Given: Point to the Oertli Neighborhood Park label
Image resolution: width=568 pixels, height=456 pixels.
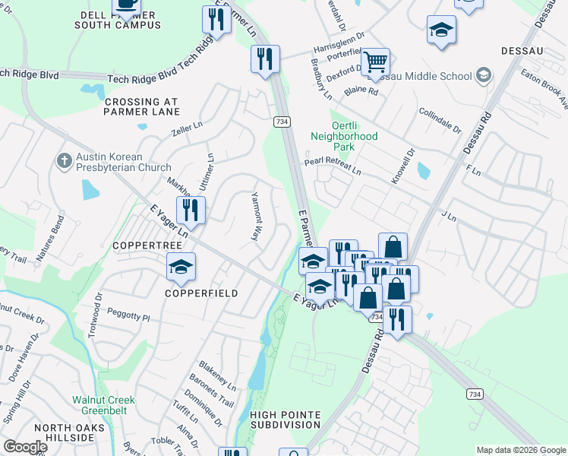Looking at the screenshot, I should [344, 136].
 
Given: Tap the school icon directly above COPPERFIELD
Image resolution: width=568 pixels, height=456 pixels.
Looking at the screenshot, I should [181, 266].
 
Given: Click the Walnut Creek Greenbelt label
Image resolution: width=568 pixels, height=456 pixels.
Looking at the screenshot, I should [103, 405].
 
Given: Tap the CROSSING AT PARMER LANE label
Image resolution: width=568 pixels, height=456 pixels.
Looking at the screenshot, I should [142, 108].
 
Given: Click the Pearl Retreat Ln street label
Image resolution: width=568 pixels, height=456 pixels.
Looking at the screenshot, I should [333, 166].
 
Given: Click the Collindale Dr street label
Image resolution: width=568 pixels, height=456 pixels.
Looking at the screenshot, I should [440, 120].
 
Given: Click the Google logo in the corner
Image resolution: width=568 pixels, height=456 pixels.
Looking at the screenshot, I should [25, 447].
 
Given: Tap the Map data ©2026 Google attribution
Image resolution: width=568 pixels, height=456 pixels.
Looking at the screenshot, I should [520, 450].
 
